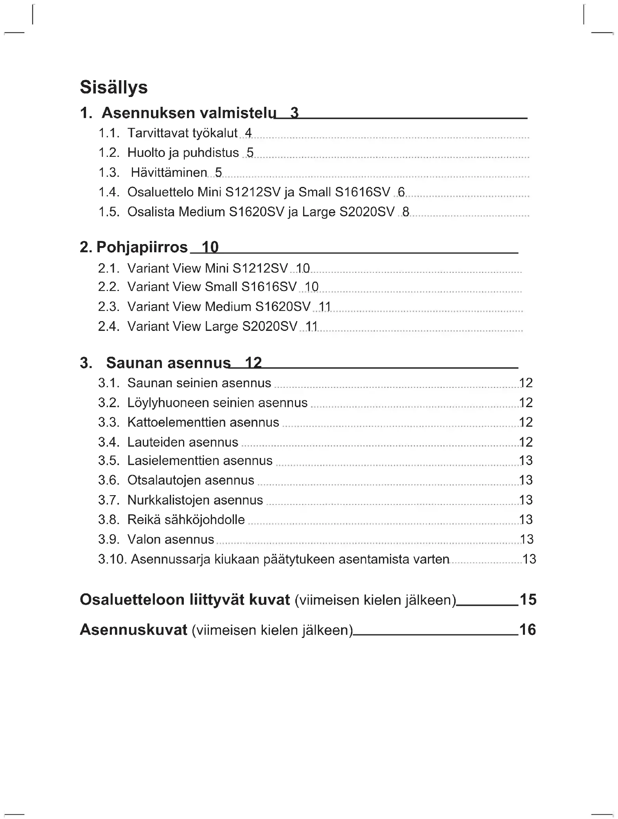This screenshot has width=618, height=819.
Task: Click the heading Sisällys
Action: click(113, 87)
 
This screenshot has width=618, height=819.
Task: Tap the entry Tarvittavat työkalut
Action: click(182, 133)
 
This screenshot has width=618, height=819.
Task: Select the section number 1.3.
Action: click(108, 172)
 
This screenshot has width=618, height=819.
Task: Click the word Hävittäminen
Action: click(169, 172)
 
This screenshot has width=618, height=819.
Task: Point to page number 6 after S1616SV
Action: click(401, 192)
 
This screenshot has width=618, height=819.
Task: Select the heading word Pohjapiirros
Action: click(142, 247)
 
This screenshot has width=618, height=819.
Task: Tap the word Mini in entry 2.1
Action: click(217, 268)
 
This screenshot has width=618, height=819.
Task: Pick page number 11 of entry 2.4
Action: click(311, 326)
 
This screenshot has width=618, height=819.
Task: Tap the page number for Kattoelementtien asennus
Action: click(526, 422)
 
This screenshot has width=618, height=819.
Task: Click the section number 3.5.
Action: click(108, 461)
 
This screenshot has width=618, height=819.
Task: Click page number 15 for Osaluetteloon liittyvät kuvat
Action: click(528, 600)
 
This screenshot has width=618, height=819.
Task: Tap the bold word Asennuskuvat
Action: click(133, 630)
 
